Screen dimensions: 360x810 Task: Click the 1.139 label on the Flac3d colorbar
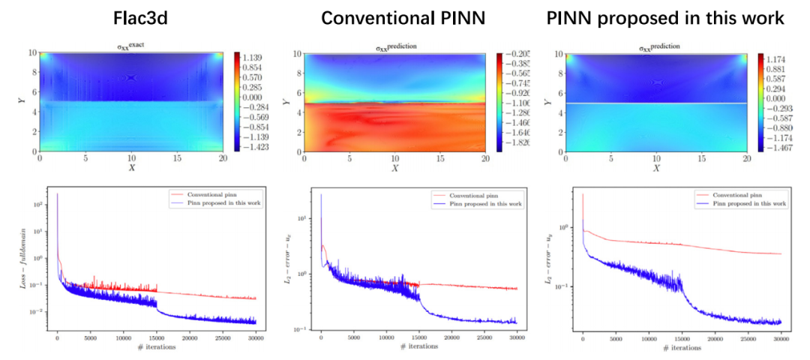[x=258, y=57]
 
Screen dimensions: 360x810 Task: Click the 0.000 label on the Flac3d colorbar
[x=258, y=97]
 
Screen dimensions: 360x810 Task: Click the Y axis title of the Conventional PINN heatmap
[x=287, y=101]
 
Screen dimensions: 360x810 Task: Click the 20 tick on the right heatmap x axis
[x=747, y=159]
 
